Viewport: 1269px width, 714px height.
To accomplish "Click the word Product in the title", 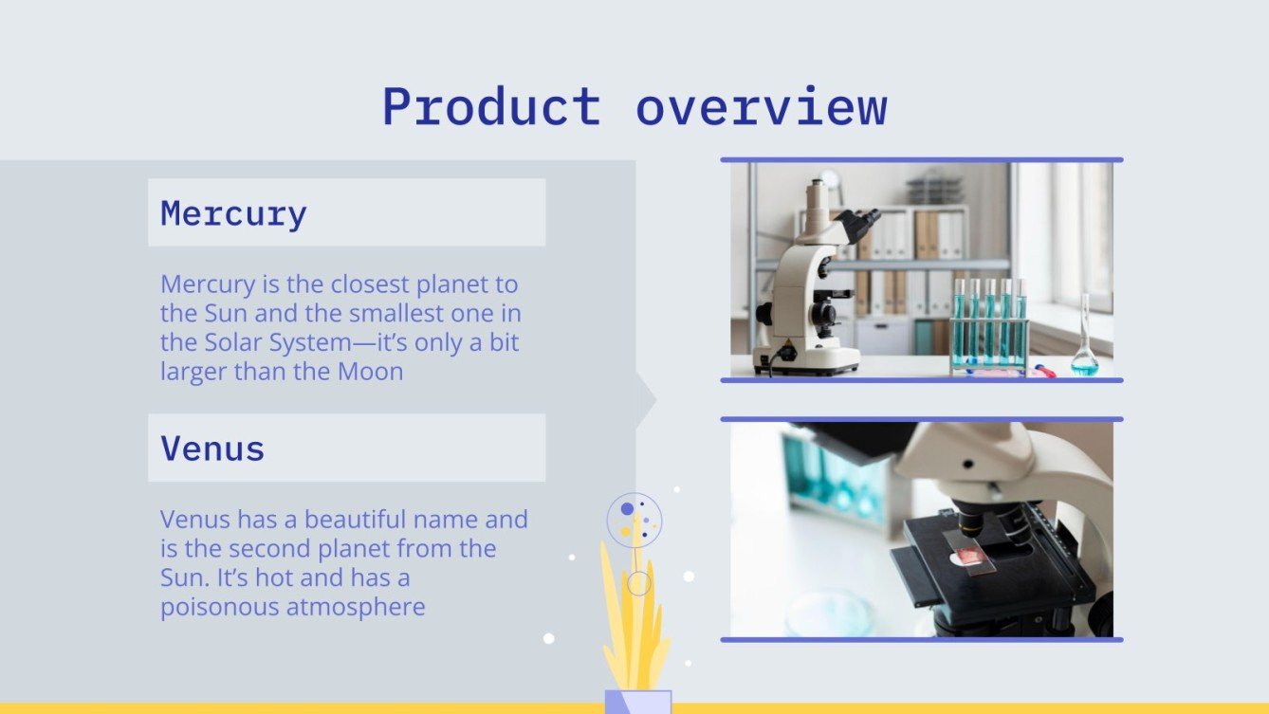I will coord(490,107).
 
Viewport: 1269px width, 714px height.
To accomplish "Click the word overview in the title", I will coord(761,107).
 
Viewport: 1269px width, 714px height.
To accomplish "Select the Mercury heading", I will coord(233,213).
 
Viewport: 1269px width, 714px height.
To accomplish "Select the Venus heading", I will coord(212,448).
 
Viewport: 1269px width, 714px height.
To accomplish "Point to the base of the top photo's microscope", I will coord(806,360).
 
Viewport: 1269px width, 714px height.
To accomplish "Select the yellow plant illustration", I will coord(634,626).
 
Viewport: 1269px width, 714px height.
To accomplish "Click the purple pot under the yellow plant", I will coord(638,702).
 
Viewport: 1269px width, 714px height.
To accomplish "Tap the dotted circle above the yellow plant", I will coord(634,519).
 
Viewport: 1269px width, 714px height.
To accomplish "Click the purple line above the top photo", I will coord(921,160).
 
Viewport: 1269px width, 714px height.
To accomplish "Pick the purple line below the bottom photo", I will coord(921,640).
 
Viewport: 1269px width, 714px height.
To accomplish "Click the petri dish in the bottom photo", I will coord(828,612).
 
